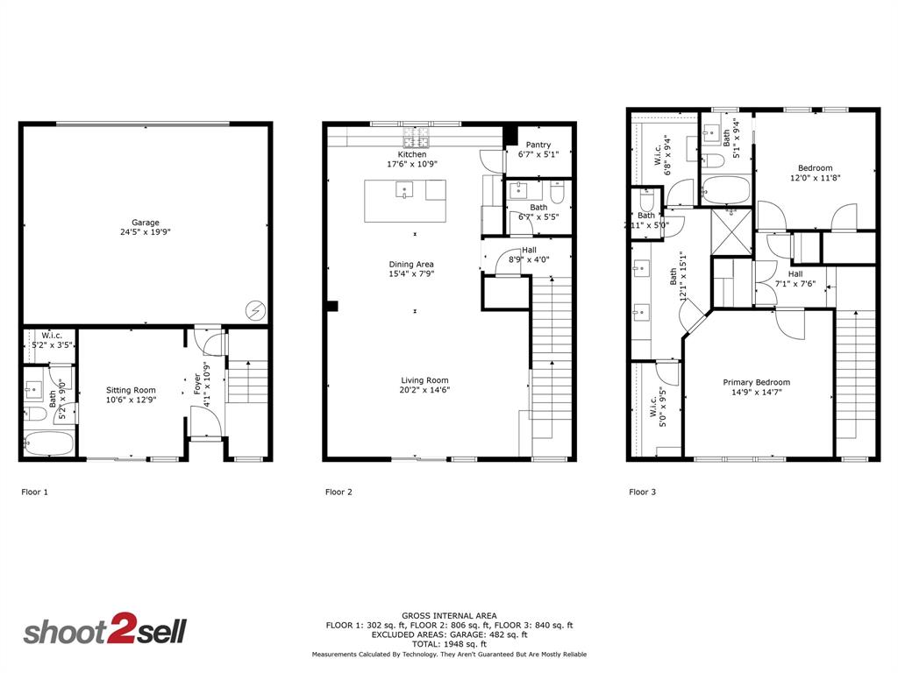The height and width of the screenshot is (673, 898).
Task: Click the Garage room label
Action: [x=146, y=223]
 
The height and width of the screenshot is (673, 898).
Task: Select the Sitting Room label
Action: [x=131, y=390]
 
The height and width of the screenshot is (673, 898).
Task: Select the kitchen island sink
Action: [x=404, y=188]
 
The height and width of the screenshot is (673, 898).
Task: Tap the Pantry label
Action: [x=538, y=145]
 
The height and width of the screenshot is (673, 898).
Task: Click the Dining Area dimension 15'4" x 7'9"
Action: [x=412, y=274]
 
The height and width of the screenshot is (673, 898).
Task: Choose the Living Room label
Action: [x=424, y=380]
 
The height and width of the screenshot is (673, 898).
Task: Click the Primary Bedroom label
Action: [x=756, y=382]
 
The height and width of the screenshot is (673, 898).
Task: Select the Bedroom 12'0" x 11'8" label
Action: [x=815, y=168]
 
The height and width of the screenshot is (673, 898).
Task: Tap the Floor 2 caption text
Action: [x=339, y=492]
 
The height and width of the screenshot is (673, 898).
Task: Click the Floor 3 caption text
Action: [x=642, y=492]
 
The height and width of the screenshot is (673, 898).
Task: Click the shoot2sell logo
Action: [x=104, y=632]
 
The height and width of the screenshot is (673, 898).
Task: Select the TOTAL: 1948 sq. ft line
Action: [x=449, y=642]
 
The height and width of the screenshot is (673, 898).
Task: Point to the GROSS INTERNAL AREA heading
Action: [x=449, y=616]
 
